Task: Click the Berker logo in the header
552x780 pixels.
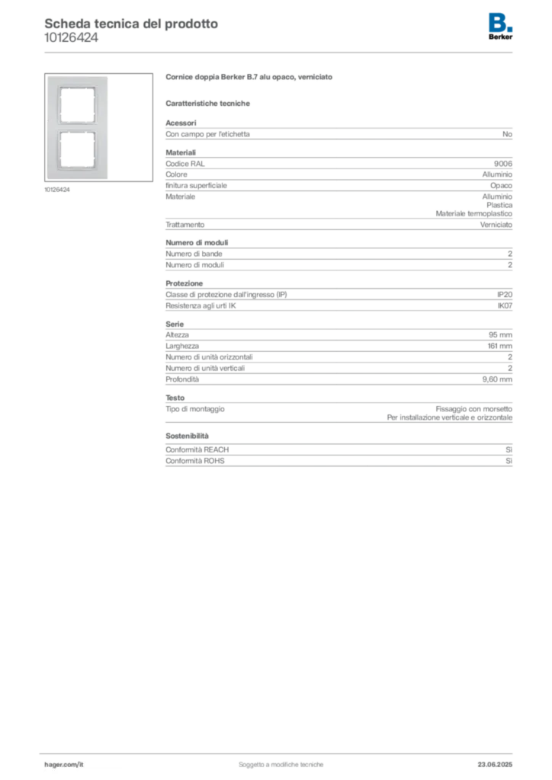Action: [x=500, y=27]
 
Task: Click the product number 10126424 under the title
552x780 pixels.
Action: [x=71, y=38]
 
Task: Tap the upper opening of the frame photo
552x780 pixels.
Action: [x=77, y=105]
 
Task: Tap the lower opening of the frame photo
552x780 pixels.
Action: [x=77, y=149]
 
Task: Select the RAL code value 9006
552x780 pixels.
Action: [x=502, y=164]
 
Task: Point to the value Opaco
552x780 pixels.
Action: [x=501, y=186]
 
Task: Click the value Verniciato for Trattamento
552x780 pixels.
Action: [x=496, y=225]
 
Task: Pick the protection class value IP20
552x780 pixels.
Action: [x=505, y=295]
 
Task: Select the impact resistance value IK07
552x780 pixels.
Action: [x=505, y=306]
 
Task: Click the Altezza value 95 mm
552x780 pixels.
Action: [x=500, y=335]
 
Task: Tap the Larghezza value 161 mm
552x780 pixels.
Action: [x=499, y=347]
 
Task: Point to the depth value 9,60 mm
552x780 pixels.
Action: [x=497, y=379]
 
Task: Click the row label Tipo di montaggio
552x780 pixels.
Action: [x=195, y=409]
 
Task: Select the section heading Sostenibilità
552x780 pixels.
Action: [x=187, y=436]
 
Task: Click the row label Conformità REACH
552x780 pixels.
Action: [x=197, y=449]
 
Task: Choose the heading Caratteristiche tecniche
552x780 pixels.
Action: [x=207, y=104]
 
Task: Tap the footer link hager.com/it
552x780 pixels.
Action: [x=64, y=765]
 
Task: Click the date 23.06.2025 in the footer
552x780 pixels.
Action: [x=495, y=765]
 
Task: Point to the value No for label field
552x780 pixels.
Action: [x=507, y=134]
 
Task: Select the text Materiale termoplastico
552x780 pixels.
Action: [x=474, y=214]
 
